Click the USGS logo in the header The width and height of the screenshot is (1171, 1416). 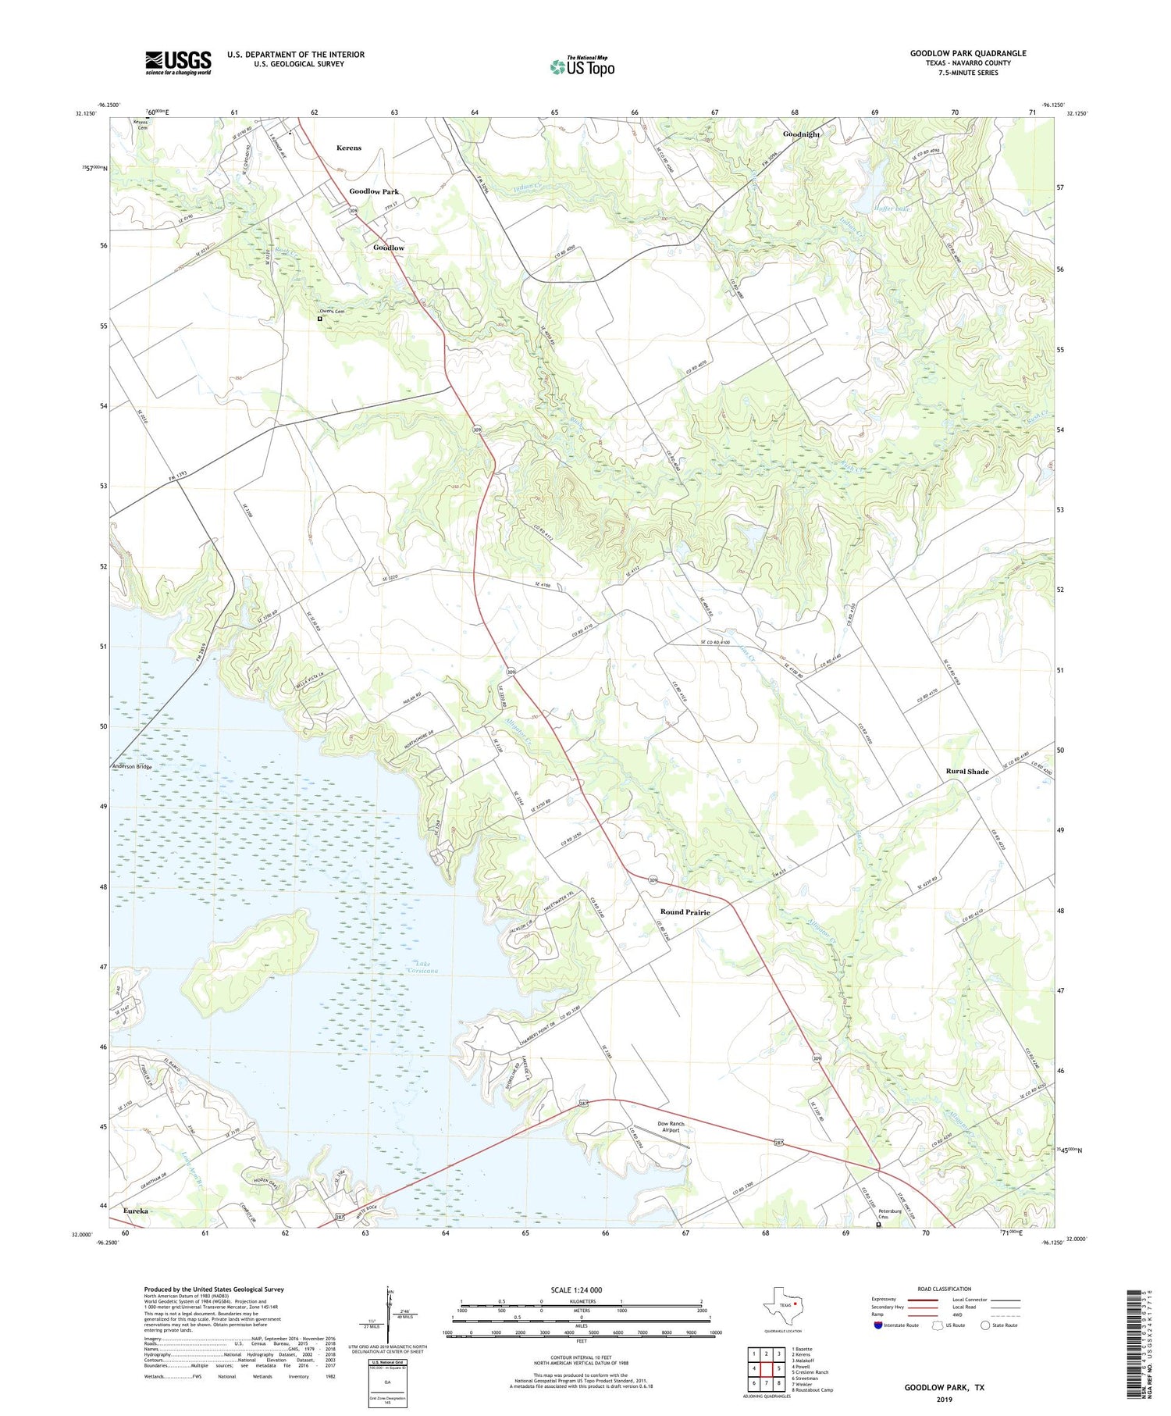click(178, 62)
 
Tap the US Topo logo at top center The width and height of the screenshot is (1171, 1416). click(582, 66)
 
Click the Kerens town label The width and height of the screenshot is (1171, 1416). click(348, 148)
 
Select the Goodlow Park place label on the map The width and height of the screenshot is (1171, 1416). click(374, 191)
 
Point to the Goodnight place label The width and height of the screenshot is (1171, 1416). click(802, 134)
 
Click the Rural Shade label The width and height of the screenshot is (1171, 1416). click(967, 772)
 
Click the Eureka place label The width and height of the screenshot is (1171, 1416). click(136, 1211)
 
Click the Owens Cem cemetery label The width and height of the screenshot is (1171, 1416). click(332, 311)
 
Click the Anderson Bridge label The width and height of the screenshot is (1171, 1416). click(132, 767)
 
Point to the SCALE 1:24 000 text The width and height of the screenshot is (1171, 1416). click(576, 1289)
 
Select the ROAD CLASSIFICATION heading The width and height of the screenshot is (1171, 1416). click(944, 1289)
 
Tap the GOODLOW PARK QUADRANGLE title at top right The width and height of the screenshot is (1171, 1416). click(968, 53)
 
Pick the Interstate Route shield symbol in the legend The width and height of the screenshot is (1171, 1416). click(878, 1325)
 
